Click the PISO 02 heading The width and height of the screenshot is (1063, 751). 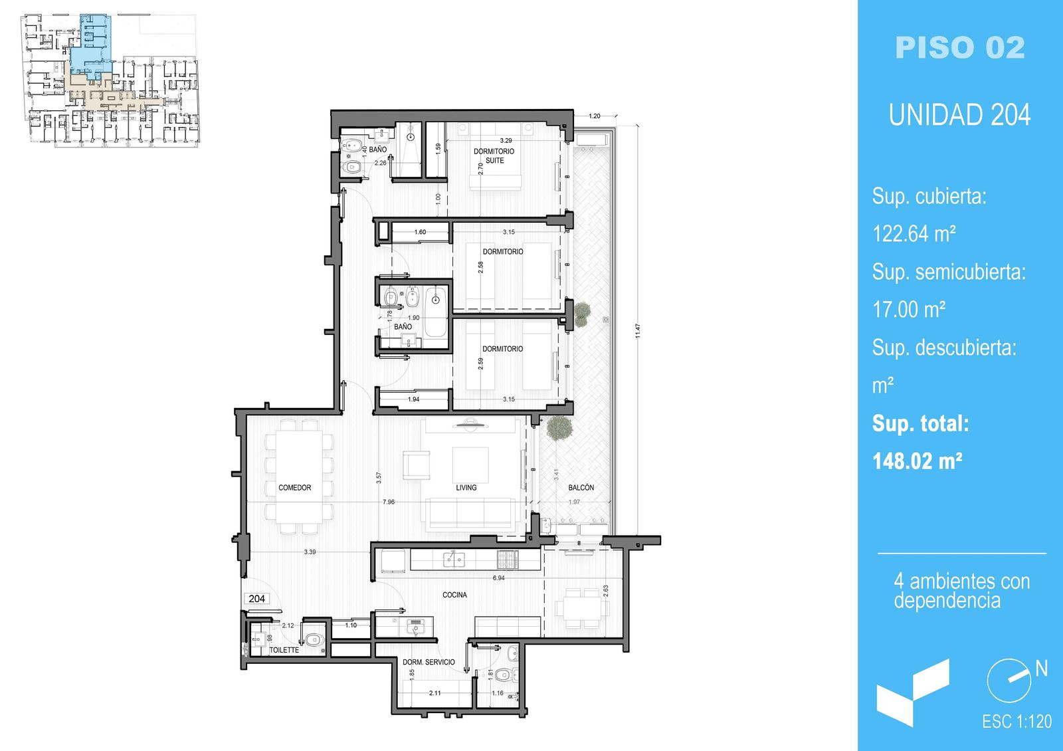click(x=959, y=47)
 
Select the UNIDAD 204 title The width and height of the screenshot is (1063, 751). click(x=959, y=115)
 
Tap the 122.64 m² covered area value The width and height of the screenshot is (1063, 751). click(x=914, y=233)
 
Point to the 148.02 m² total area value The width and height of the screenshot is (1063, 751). click(x=918, y=461)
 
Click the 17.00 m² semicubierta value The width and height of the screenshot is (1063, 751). click(x=909, y=310)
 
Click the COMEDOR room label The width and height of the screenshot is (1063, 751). click(x=295, y=488)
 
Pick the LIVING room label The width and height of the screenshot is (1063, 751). click(x=466, y=488)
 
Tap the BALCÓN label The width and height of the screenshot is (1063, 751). click(x=581, y=487)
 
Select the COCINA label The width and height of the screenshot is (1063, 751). click(x=454, y=595)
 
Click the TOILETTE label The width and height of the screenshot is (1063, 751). click(x=284, y=650)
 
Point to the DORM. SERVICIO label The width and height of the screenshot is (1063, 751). click(x=429, y=662)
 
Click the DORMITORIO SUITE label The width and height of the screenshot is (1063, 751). click(x=494, y=156)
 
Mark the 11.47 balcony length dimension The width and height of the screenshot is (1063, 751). click(x=638, y=331)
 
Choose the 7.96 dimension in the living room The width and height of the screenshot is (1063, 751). click(x=389, y=502)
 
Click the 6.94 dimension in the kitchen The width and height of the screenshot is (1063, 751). click(x=499, y=578)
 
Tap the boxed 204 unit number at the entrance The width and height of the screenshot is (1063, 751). click(x=256, y=599)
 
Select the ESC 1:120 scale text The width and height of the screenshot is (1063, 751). click(x=1016, y=722)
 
